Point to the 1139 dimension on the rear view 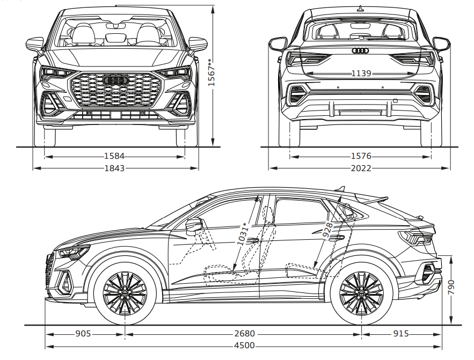(361, 73)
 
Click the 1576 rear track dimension (360, 157)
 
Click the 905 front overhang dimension (83, 334)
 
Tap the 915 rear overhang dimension (400, 334)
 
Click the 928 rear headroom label (326, 230)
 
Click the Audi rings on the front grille (114, 80)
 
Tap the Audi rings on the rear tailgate (360, 51)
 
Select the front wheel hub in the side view (125, 293)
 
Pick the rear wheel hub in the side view (361, 293)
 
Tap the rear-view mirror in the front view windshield (115, 25)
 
